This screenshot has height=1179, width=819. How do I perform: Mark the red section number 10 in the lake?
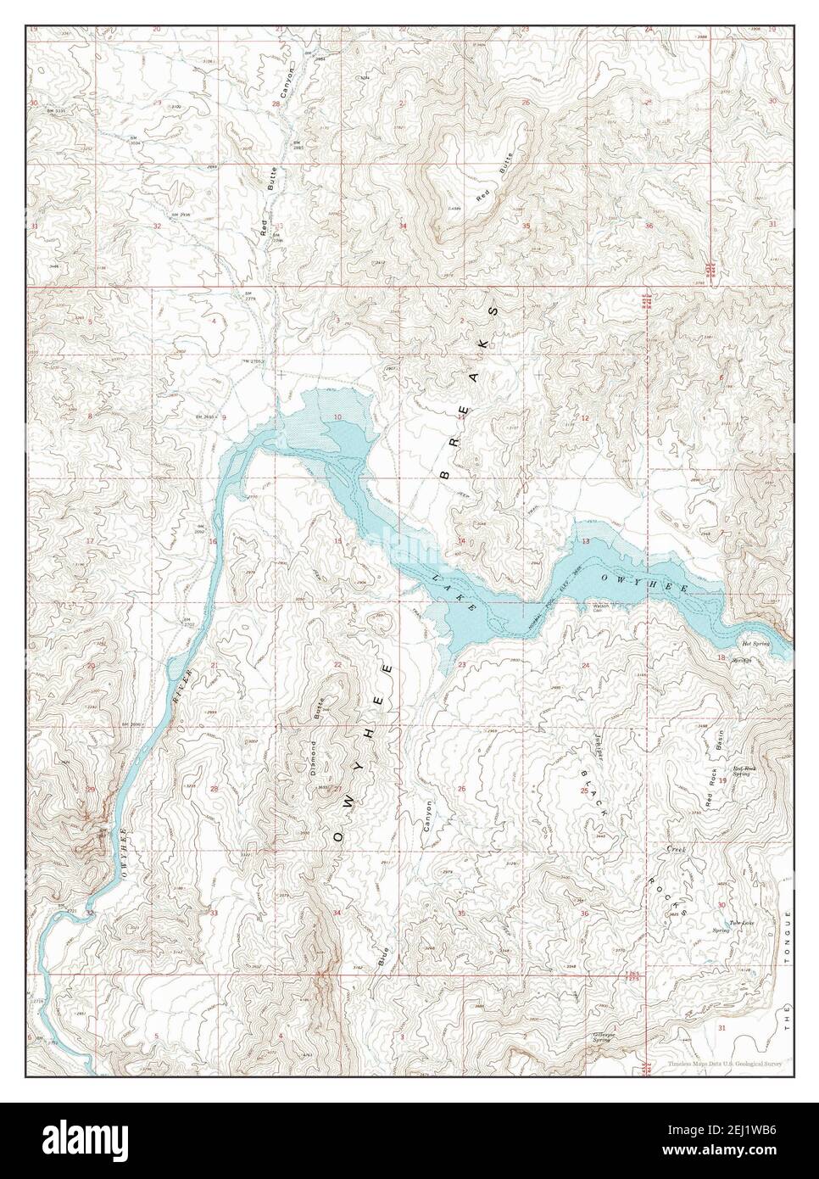pyautogui.click(x=337, y=416)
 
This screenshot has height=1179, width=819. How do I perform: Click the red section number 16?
pyautogui.click(x=214, y=541)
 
